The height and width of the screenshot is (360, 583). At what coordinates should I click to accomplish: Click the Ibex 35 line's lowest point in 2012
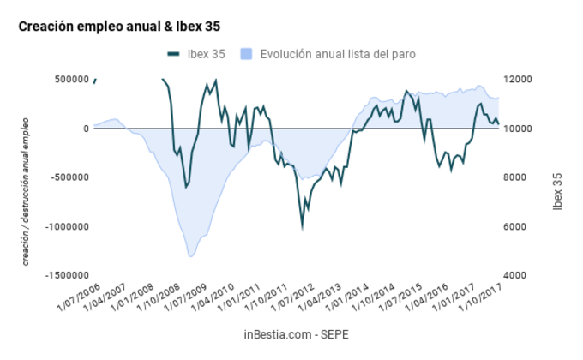pyautogui.click(x=302, y=227)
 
